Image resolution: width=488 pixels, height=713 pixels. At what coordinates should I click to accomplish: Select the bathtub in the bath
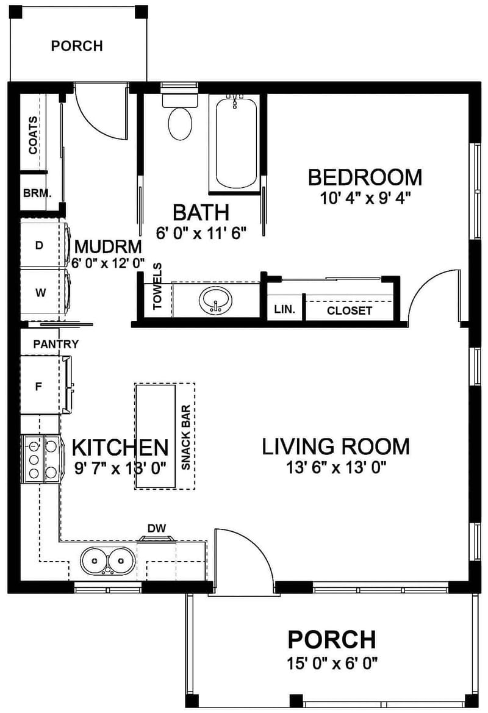pyautogui.click(x=236, y=143)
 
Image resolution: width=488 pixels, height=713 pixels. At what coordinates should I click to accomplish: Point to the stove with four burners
pyautogui.click(x=40, y=459)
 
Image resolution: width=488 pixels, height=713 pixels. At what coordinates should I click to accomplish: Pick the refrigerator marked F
pyautogui.click(x=38, y=385)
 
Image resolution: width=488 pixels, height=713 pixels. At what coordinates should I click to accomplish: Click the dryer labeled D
pyautogui.click(x=39, y=246)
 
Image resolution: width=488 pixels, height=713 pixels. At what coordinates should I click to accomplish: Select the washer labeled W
pyautogui.click(x=40, y=293)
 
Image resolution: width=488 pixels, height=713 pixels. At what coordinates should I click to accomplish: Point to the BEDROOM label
pyautogui.click(x=364, y=177)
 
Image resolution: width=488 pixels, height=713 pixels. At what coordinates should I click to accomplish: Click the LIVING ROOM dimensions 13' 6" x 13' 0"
pyautogui.click(x=336, y=468)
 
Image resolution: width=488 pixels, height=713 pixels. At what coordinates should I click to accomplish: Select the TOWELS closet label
pyautogui.click(x=157, y=287)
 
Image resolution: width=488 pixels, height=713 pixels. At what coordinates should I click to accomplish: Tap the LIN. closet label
pyautogui.click(x=284, y=310)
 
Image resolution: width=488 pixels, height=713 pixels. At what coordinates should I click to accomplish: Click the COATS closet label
pyautogui.click(x=32, y=135)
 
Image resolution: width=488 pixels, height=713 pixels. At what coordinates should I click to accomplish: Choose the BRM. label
pyautogui.click(x=37, y=193)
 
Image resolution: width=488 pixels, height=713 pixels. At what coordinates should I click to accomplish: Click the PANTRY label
pyautogui.click(x=56, y=345)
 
